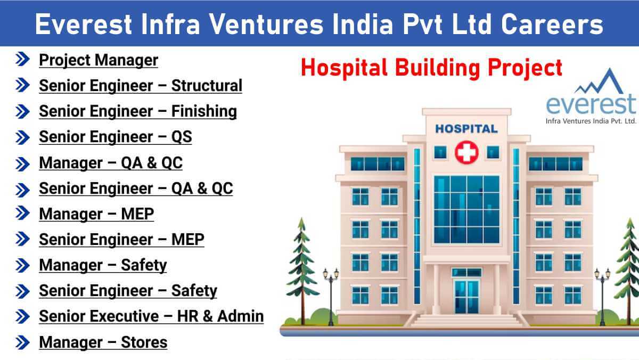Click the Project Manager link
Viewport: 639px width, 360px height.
99,60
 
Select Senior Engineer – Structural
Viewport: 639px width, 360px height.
141,86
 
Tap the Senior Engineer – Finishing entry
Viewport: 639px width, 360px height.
138,111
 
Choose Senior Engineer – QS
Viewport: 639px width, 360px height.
115,137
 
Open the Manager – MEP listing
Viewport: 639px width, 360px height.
96,214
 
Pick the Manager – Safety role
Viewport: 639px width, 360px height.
103,265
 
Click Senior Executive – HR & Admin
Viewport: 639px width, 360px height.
151,316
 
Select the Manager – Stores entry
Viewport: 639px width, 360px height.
103,342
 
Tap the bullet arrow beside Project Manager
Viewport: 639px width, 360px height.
22,59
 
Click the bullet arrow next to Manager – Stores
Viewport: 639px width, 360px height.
22,342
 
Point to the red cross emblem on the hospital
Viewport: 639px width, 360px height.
466,152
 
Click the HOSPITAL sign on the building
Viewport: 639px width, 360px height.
466,129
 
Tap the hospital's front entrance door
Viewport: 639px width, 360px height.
466,297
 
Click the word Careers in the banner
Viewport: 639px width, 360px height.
552,24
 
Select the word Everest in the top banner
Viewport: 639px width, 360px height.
83,24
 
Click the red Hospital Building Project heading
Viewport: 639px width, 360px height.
431,68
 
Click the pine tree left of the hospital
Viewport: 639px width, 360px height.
302,271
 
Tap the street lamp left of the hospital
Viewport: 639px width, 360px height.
331,297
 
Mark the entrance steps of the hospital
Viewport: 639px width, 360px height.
466,320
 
